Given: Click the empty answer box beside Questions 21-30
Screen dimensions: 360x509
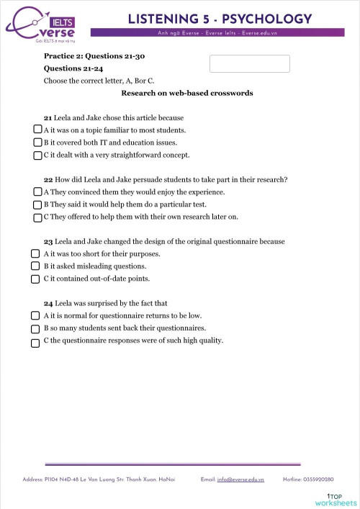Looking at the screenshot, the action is (249, 63).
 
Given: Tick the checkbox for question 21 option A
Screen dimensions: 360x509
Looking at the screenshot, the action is (37, 130).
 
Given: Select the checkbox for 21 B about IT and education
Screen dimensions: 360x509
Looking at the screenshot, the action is (37, 142).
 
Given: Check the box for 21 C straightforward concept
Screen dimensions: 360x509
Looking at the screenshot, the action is (37, 154).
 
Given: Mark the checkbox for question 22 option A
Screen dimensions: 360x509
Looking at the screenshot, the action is (37, 192).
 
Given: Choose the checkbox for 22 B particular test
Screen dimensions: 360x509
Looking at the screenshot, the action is (37, 204).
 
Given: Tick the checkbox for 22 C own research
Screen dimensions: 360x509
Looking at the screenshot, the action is (37, 216).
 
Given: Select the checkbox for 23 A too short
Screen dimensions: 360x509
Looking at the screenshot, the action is (35, 254).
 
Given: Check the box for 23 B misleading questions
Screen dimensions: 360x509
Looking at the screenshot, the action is (35, 266).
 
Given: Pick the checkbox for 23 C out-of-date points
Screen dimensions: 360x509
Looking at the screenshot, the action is (35, 279).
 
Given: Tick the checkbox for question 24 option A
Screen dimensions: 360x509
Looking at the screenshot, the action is (35, 316).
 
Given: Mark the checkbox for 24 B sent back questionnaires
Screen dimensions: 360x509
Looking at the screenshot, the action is (35, 328).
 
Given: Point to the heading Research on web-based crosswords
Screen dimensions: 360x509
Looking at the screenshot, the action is (186, 94).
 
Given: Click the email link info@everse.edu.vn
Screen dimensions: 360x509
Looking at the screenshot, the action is (240, 479).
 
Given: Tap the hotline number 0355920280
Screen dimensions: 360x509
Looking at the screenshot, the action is (318, 479).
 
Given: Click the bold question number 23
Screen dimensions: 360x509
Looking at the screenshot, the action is (48, 241).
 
